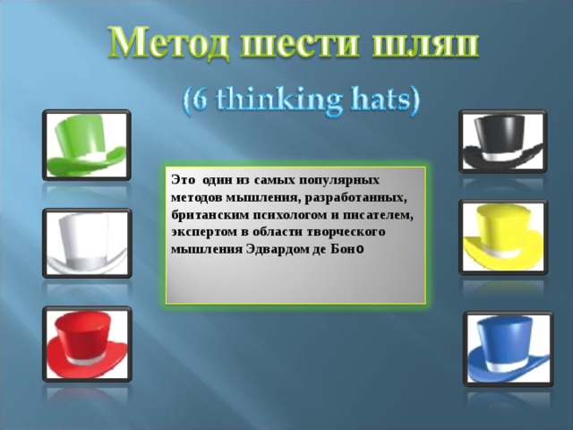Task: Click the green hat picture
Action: (x=86, y=144)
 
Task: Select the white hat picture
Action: (x=86, y=243)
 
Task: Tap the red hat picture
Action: (x=86, y=343)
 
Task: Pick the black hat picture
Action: (x=501, y=142)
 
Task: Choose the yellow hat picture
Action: (x=501, y=236)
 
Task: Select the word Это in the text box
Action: (x=181, y=179)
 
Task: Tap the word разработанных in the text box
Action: (x=355, y=197)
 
